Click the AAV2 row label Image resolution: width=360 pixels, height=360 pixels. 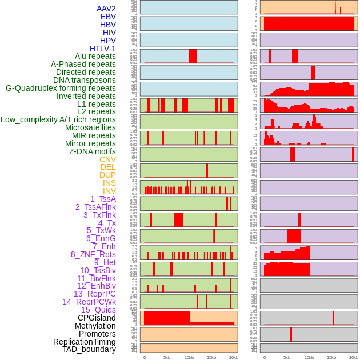point(106,9)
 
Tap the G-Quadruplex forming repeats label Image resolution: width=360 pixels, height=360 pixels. point(61,88)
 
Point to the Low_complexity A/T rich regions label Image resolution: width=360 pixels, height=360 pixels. point(58,119)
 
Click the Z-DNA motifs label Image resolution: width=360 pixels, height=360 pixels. point(93,151)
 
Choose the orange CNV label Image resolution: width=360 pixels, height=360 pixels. point(107,159)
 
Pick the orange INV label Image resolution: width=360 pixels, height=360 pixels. point(109,191)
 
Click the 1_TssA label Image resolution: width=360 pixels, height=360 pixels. point(103,199)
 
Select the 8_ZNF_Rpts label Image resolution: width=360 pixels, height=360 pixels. point(93,254)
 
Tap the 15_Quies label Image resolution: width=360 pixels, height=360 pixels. point(98,310)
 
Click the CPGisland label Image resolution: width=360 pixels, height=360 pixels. point(97,318)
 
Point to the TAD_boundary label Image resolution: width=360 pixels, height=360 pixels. point(89,349)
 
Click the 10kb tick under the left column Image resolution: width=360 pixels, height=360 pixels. point(189,357)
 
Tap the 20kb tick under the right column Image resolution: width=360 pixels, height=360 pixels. point(354,357)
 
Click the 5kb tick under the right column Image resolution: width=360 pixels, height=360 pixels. point(286,357)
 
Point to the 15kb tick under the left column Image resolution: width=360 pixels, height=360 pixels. point(211,357)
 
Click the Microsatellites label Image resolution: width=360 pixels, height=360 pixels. point(90,127)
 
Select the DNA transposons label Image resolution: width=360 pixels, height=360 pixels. point(85,80)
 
